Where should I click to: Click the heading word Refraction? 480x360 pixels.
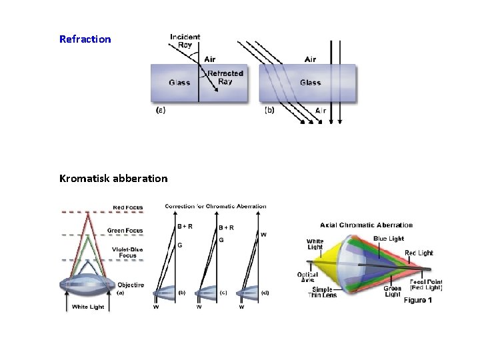[85, 39]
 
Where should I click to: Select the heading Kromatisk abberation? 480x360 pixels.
[113, 179]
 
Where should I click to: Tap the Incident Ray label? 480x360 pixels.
[185, 41]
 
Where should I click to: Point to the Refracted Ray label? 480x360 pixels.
[225, 77]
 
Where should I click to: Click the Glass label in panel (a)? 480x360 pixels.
[179, 83]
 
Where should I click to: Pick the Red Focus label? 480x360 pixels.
[127, 207]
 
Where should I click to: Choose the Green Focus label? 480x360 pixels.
[125, 231]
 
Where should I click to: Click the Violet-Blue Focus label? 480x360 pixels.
[127, 252]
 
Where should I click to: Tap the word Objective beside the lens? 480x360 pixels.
[130, 285]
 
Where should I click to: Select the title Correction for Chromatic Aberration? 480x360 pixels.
[215, 207]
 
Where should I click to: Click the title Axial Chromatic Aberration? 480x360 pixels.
[367, 225]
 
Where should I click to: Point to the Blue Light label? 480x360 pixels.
[389, 239]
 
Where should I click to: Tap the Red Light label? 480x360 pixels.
[419, 253]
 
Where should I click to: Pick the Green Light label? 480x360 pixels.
[392, 291]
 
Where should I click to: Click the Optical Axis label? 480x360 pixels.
[307, 277]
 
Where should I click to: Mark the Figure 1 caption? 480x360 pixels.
[418, 301]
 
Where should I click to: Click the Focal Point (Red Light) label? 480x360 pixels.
[426, 284]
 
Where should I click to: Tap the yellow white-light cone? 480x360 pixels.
[323, 263]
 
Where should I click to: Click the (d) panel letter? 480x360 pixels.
[265, 293]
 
